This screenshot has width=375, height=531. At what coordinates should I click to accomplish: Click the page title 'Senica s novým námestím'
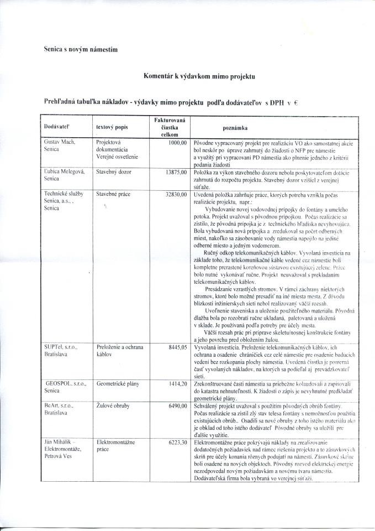(81, 49)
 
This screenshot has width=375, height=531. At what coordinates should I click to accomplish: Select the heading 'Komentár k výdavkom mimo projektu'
(199, 77)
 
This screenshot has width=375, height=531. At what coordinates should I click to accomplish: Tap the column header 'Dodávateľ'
(55, 127)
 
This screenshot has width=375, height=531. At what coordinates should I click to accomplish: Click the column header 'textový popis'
(112, 127)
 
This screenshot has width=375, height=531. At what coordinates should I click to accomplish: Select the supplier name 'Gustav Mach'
(59, 142)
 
